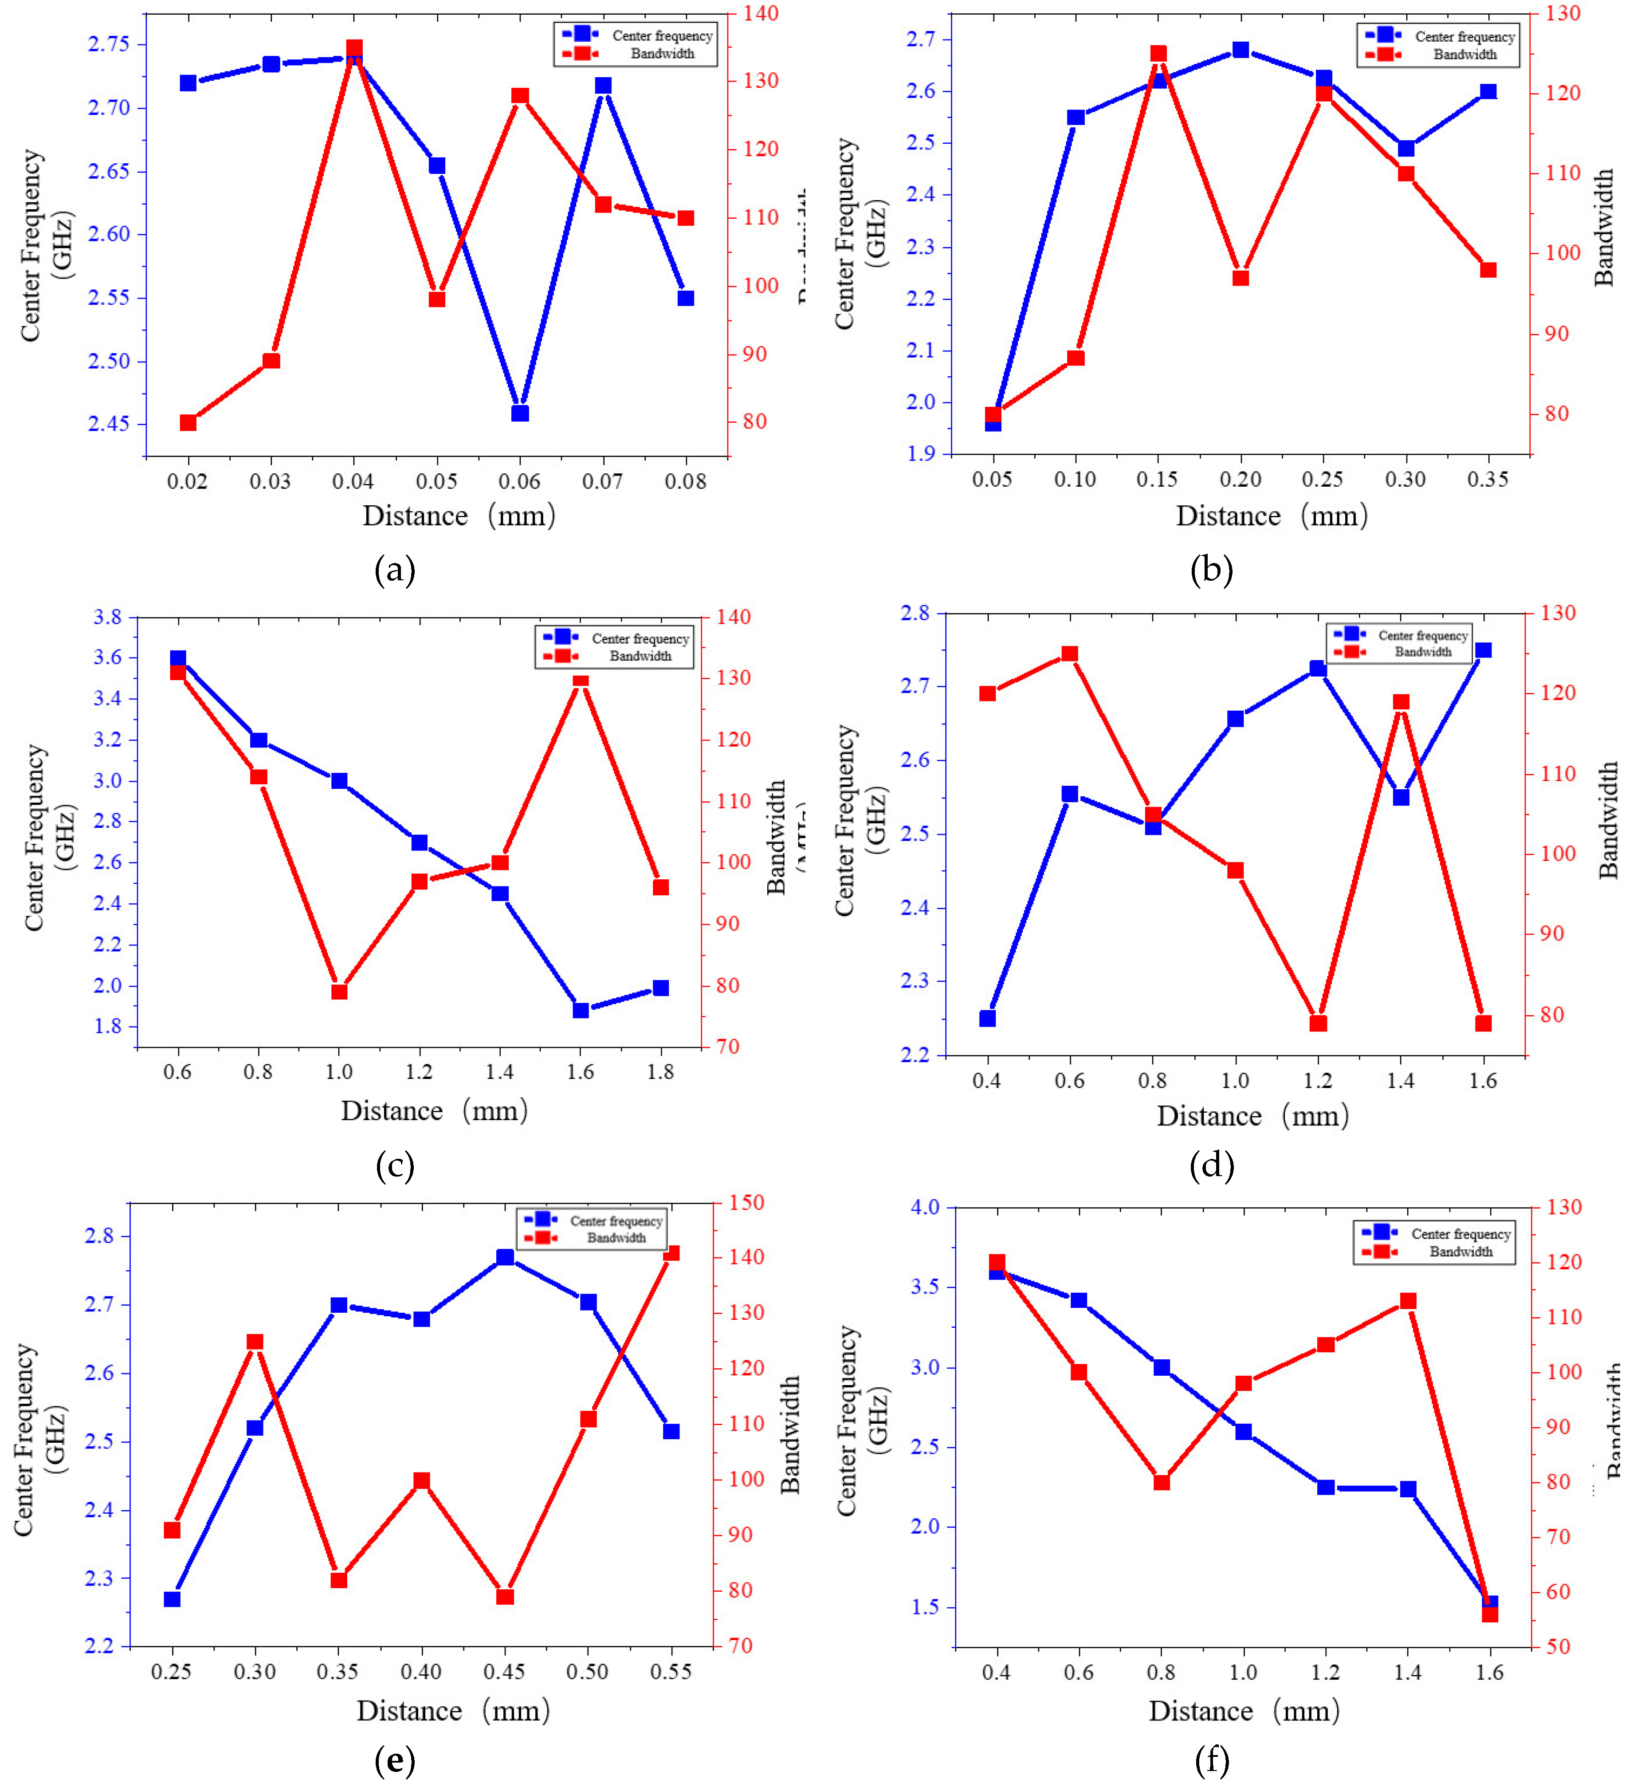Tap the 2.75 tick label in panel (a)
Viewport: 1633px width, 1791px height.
[x=108, y=44]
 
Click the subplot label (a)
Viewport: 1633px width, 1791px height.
[x=395, y=570]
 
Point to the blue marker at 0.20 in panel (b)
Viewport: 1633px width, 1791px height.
[x=1240, y=50]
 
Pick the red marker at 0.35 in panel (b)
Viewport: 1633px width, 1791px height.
[x=1488, y=270]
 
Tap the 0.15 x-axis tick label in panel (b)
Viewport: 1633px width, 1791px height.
[x=1157, y=480]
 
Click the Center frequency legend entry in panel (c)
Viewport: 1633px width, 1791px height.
[x=640, y=639]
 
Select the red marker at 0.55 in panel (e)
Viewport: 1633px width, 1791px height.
[x=671, y=1253]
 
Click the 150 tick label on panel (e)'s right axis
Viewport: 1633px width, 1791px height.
[x=746, y=1203]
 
